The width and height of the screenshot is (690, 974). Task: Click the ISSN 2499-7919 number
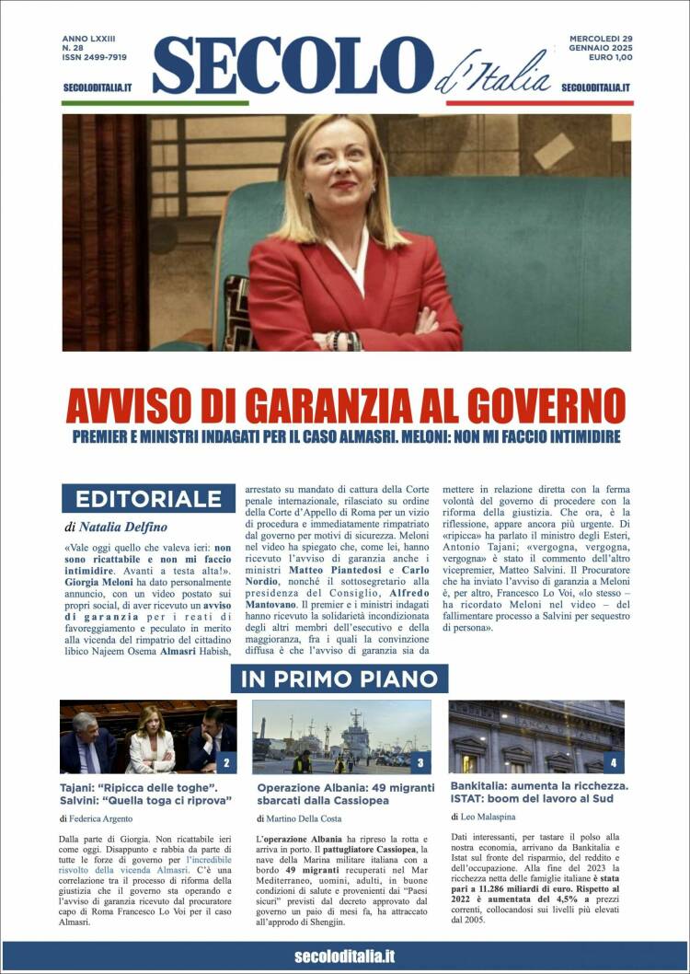[95, 57]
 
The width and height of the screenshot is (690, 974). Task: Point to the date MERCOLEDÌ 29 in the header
[601, 39]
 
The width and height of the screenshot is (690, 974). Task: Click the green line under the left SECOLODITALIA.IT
[155, 103]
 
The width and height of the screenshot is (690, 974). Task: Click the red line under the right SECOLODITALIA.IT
[539, 103]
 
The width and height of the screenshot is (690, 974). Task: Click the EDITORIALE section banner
[148, 499]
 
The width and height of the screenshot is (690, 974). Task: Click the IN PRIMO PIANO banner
[339, 679]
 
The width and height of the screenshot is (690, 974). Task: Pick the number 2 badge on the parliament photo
[226, 761]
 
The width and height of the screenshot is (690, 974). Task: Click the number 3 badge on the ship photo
[420, 761]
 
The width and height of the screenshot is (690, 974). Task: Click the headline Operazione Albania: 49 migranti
[346, 788]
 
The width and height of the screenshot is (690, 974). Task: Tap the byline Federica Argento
[102, 817]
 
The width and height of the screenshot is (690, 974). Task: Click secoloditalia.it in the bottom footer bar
[344, 957]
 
